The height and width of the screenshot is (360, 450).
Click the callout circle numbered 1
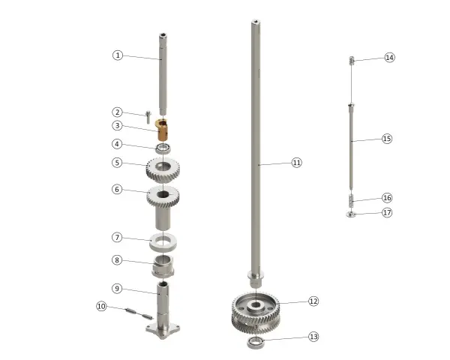pos(118,55)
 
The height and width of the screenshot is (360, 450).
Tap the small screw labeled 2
pos(148,117)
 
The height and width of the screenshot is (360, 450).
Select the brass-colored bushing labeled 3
pos(161,130)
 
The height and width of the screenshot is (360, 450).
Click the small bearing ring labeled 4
pos(163,148)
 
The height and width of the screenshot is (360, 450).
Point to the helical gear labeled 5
pos(163,169)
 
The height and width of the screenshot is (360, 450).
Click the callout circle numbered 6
pos(117,189)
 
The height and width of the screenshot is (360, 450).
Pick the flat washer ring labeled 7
pos(163,241)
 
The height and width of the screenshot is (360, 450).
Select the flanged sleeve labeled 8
pos(163,266)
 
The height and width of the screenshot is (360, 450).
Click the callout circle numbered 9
pos(117,288)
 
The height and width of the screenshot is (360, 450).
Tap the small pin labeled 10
pos(139,313)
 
